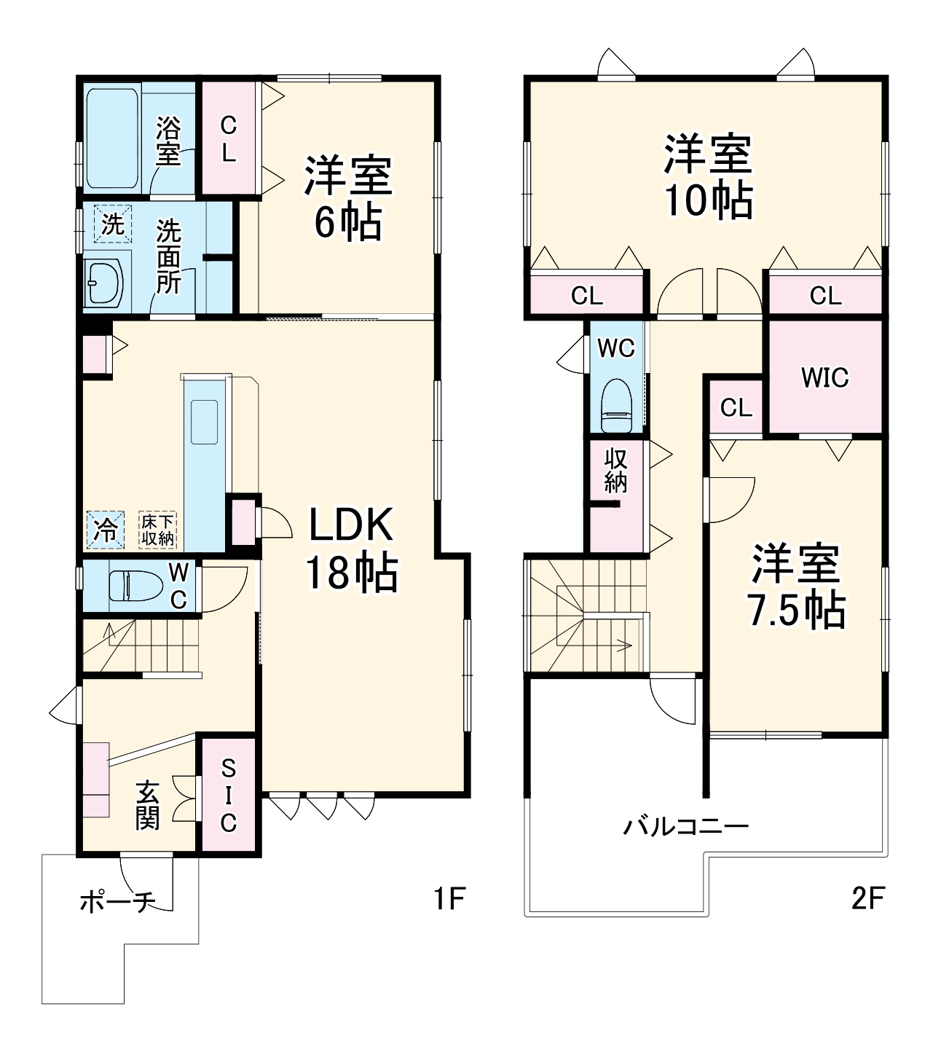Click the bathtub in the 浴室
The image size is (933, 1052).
click(x=113, y=138)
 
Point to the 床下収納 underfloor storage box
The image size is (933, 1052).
click(x=157, y=530)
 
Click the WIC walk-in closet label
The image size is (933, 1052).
click(x=824, y=377)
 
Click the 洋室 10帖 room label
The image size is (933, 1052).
click(x=707, y=176)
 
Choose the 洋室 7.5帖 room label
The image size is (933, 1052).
click(x=796, y=586)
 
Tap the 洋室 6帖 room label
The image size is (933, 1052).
click(x=348, y=198)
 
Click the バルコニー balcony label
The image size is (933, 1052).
click(x=685, y=827)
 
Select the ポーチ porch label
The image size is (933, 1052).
click(x=117, y=903)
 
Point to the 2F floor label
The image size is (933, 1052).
click(x=867, y=899)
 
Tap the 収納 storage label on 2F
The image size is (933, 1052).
click(x=615, y=470)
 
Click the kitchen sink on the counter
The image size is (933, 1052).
click(x=205, y=422)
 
